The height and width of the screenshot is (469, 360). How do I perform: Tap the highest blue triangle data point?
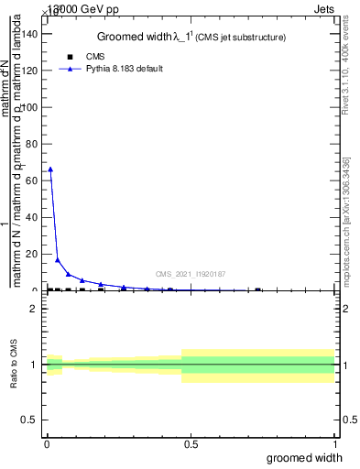(x=50, y=169)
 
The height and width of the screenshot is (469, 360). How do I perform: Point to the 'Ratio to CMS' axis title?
(x=15, y=365)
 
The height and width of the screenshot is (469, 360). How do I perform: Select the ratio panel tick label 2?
(x=33, y=309)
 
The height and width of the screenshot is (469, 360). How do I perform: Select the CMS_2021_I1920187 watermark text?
(x=191, y=274)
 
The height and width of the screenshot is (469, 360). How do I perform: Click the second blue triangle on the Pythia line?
(x=58, y=260)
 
